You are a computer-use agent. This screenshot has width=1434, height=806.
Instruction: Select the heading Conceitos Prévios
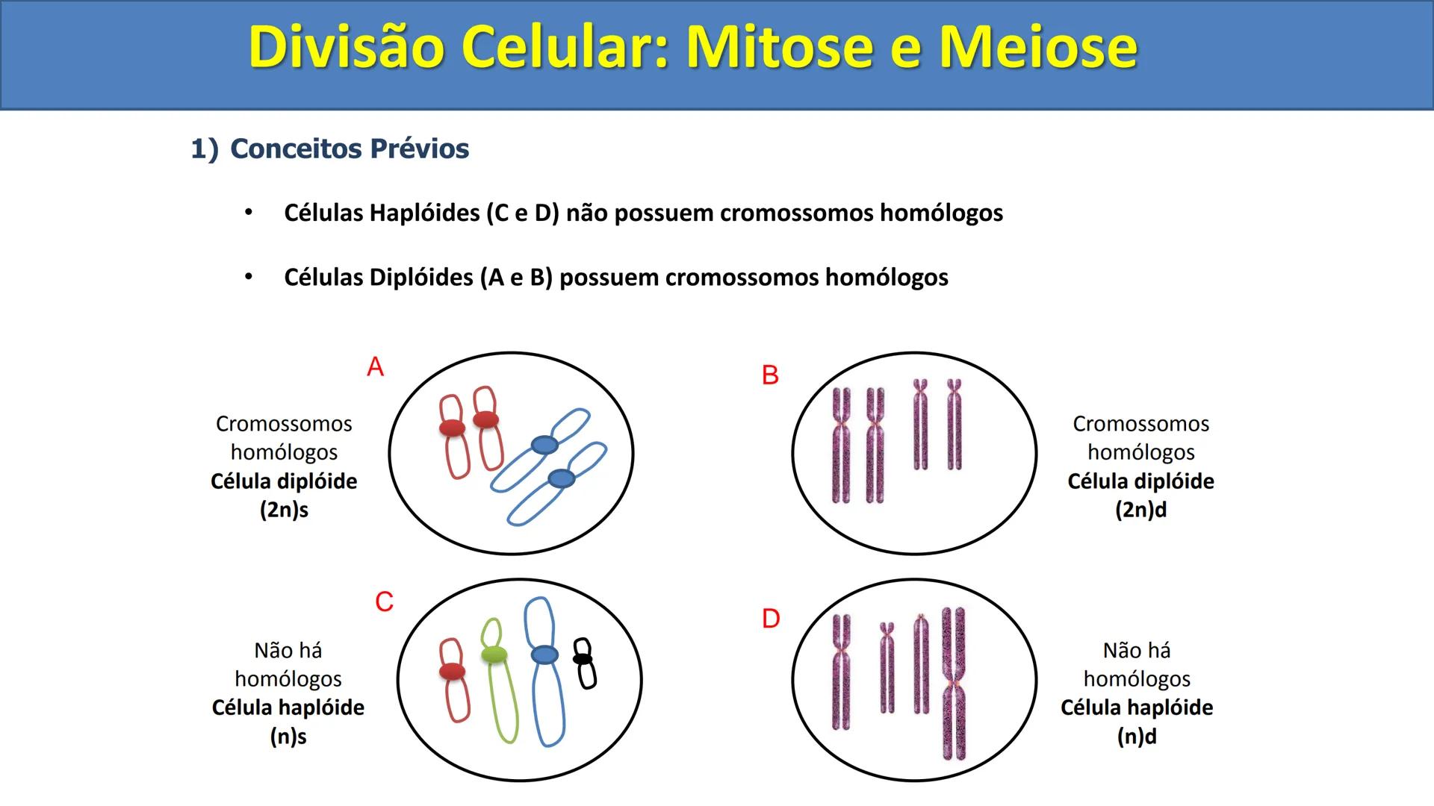pos(349,149)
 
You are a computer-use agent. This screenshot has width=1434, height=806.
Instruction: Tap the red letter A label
pos(375,366)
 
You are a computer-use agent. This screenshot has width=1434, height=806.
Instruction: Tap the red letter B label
pos(770,375)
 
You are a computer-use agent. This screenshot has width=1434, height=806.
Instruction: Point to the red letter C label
pos(384,602)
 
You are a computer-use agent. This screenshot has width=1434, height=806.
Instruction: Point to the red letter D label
pos(771,619)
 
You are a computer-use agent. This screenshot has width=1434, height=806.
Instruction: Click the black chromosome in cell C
pos(584,663)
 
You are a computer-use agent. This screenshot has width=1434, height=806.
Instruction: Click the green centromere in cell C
pos(494,655)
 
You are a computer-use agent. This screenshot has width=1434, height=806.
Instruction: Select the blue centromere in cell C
pos(544,655)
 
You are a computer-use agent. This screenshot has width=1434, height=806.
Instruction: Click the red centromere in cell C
pos(452,671)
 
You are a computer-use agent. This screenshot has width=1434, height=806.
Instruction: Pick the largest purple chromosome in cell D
pos(953,683)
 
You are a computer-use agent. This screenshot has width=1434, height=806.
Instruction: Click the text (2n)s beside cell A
pos(284,510)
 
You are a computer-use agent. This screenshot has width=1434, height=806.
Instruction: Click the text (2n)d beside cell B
pos(1140,510)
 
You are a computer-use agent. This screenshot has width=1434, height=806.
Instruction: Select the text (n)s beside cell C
pos(288,737)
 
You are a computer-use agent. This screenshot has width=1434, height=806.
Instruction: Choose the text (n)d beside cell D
pos(1137,737)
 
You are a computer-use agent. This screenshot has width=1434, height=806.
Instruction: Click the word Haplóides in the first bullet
pos(424,213)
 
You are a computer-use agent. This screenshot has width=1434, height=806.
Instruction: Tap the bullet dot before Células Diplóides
pos(249,278)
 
